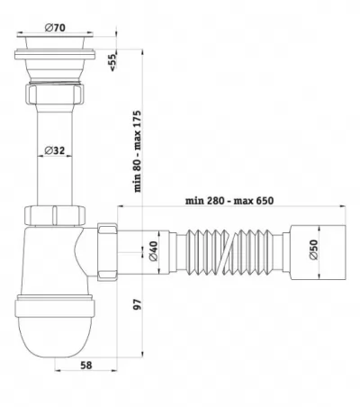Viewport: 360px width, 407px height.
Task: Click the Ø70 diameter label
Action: [x=55, y=28]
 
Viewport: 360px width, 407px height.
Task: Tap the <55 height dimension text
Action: [x=112, y=62]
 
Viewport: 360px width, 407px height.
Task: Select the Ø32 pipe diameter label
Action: [x=55, y=150]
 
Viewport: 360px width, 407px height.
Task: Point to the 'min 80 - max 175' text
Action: [x=137, y=151]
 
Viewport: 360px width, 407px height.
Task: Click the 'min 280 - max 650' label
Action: [x=229, y=200]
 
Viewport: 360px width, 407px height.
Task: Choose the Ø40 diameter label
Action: [x=153, y=251]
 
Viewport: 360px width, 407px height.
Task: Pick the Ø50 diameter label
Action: [x=313, y=249]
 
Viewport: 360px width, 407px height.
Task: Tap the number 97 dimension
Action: [x=137, y=304]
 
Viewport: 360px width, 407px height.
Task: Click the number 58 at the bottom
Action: [x=86, y=366]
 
